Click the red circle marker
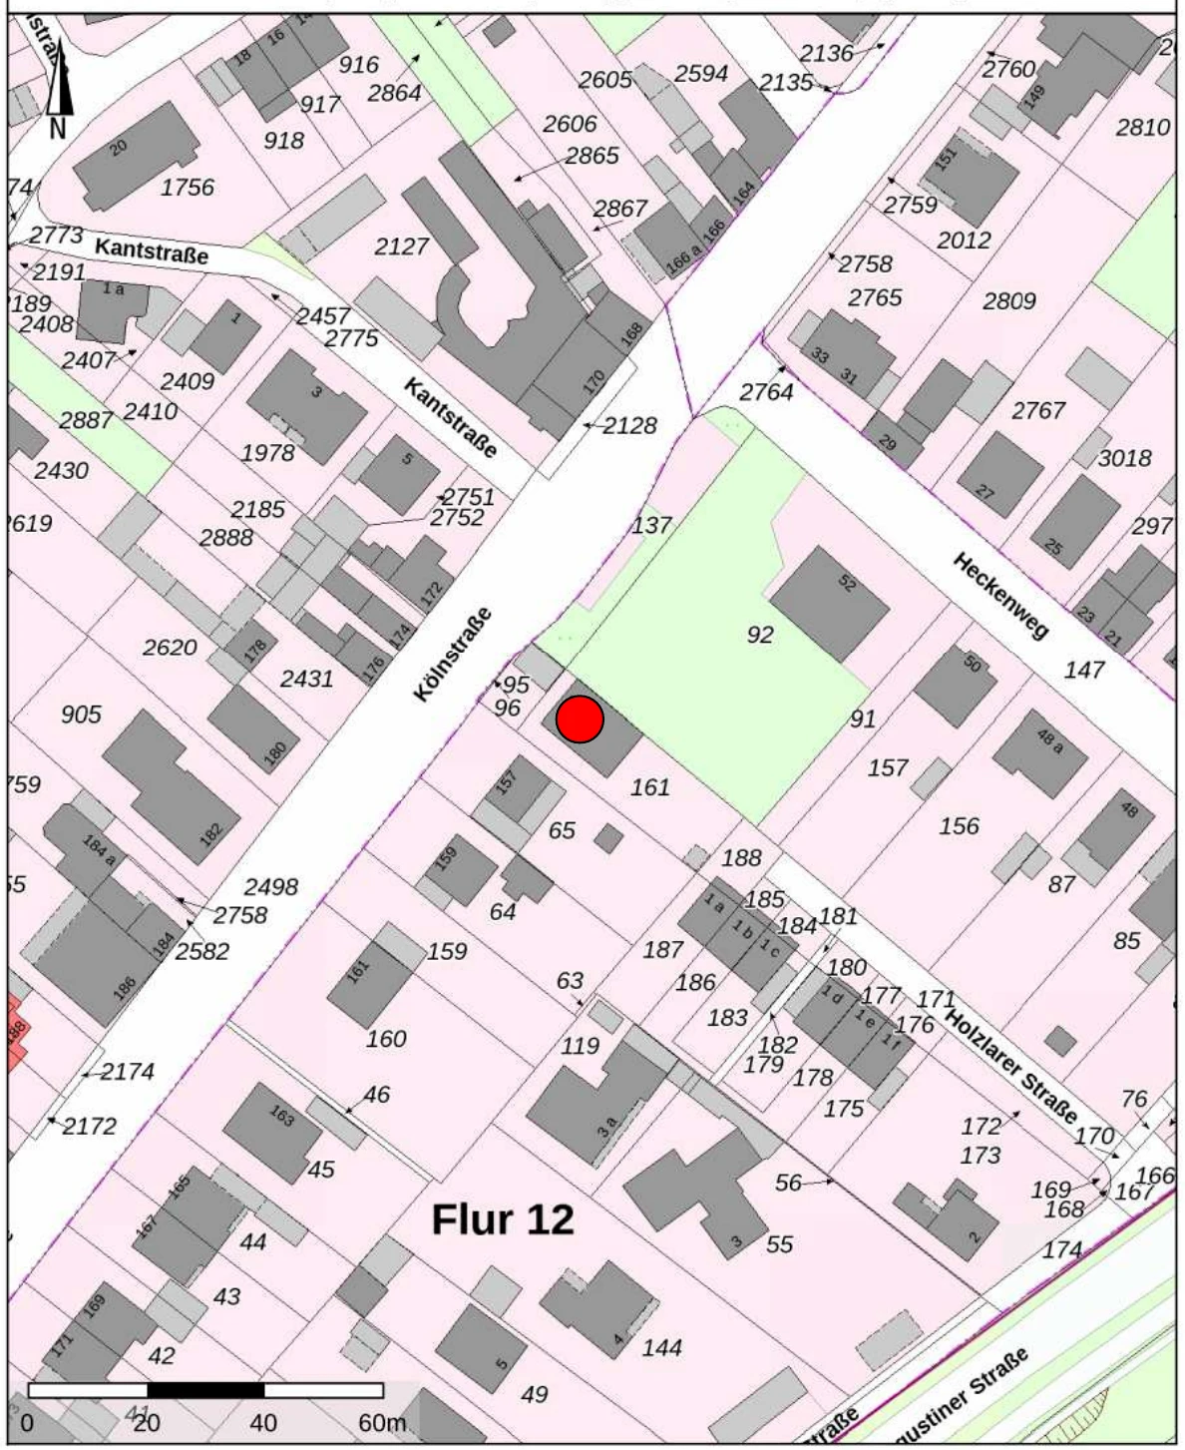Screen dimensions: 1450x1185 click(x=580, y=720)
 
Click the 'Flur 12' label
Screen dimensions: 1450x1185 click(x=503, y=1219)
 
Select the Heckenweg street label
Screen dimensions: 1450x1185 click(x=1000, y=596)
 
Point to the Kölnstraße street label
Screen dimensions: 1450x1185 click(x=453, y=655)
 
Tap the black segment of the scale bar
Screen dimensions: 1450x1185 click(x=205, y=1390)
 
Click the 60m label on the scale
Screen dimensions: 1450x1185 click(x=381, y=1422)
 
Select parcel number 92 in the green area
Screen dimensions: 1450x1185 click(x=760, y=635)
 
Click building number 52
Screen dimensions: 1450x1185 click(x=847, y=583)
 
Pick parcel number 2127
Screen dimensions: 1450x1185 click(x=401, y=245)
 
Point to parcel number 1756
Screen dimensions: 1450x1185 click(x=188, y=187)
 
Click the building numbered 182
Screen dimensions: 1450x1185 click(x=210, y=833)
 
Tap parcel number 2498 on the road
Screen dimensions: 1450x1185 click(x=271, y=886)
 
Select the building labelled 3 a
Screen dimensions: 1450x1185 click(x=605, y=1127)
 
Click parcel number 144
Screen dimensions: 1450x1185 click(x=662, y=1347)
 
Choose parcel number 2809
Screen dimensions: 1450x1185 click(x=1009, y=300)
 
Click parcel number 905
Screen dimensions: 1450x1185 click(x=81, y=715)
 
